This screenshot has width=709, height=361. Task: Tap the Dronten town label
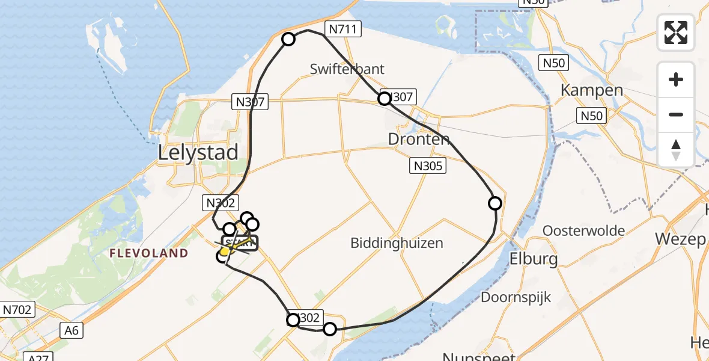pos(419,140)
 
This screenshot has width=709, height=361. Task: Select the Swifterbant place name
pos(347,69)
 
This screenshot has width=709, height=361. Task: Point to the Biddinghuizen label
pos(397,243)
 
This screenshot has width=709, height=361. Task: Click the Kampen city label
pos(592,90)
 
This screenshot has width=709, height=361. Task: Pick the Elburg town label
pos(534,259)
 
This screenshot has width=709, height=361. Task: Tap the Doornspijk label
pos(516,297)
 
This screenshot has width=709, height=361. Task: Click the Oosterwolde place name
pos(583,230)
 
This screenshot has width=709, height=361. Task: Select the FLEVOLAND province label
pos(149,253)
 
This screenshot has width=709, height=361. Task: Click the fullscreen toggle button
pos(676,32)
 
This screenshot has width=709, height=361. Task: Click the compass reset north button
pos(676,149)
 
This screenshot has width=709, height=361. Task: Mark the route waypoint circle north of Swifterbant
pos(288,39)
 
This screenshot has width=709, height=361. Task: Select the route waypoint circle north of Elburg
pos(495,203)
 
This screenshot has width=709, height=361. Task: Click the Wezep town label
pos(680,239)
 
